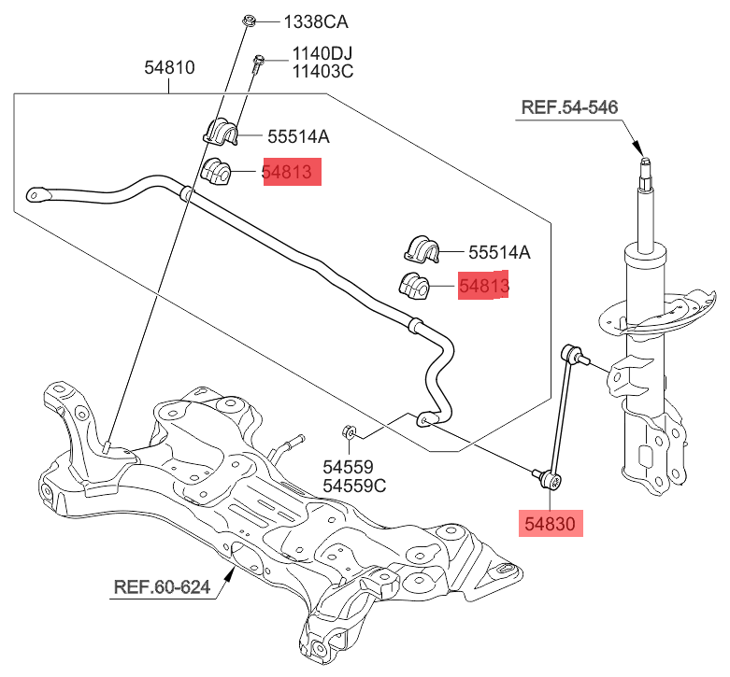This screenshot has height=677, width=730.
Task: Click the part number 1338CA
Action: pos(296,21)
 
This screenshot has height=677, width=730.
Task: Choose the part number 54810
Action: pos(169,68)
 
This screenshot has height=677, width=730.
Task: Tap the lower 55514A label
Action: pos(499,251)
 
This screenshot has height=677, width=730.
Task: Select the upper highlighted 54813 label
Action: pos(292,172)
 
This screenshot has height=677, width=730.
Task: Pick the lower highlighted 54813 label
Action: pos(483,286)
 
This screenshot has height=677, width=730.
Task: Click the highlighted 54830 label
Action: pos(551,523)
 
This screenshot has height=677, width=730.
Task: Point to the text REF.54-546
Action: pos(569,107)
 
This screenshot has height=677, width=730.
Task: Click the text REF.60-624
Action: pos(162,588)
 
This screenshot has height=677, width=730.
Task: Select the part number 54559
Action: pos(348,467)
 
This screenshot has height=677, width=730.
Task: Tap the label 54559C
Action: pos(354,486)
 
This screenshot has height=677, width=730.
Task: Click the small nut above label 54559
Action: pos(347,431)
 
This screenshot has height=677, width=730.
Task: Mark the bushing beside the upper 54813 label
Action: pos(217,172)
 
